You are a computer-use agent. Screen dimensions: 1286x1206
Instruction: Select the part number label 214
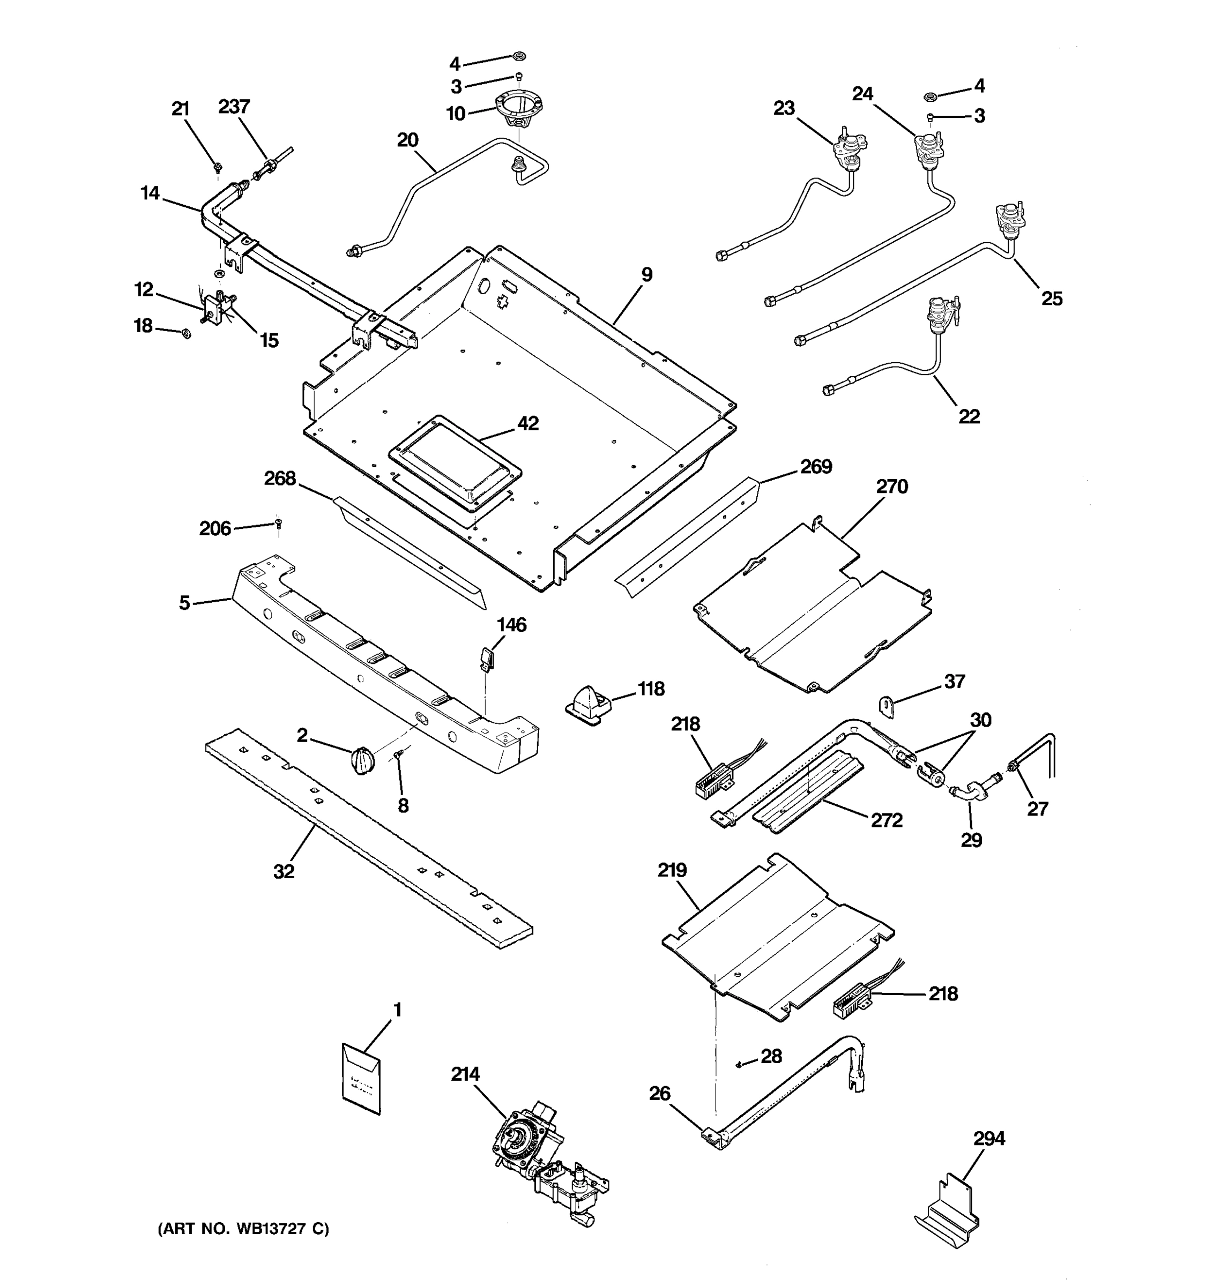tap(465, 1074)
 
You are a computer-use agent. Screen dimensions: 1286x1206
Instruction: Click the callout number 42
tap(528, 423)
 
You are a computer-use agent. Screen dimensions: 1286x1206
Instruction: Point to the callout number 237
tap(234, 106)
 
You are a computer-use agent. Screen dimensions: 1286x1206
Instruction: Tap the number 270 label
tap(891, 487)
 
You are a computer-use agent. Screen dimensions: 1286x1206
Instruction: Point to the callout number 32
tap(284, 871)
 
